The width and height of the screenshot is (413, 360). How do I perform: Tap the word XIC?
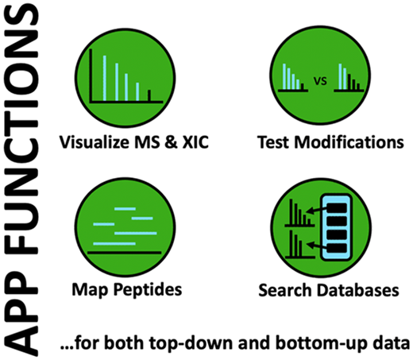(195, 142)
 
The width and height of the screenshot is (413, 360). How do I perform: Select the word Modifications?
(349, 142)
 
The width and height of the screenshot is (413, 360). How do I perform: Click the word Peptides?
(148, 289)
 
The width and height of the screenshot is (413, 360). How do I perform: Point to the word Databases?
(358, 290)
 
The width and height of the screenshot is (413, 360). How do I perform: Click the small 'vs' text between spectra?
(320, 81)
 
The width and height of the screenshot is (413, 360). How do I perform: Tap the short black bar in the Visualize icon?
(149, 95)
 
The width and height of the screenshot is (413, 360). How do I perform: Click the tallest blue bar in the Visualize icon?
(105, 78)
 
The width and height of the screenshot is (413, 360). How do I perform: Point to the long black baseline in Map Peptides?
(125, 253)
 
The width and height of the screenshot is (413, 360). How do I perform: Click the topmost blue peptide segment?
(125, 209)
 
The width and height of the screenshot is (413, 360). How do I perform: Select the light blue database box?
(336, 227)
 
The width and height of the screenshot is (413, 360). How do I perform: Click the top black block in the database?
(337, 208)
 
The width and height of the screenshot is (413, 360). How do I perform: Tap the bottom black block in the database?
(337, 248)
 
